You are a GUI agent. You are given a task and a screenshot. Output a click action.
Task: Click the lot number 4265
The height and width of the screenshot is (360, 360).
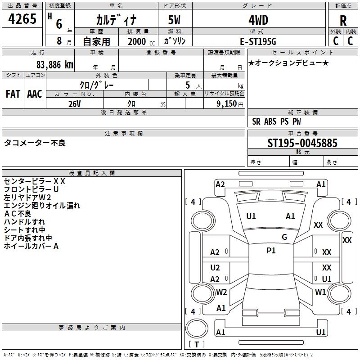pyautogui.click(x=22, y=20)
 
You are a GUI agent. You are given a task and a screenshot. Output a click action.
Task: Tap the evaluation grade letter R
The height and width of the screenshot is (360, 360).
pyautogui.click(x=343, y=20)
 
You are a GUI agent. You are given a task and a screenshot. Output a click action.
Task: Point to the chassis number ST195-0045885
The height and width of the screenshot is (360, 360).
pyautogui.click(x=302, y=143)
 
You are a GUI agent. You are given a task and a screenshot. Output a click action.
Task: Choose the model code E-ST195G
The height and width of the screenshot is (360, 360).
pyautogui.click(x=258, y=41)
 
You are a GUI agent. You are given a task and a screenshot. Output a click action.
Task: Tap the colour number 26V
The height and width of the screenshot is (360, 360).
pyautogui.click(x=74, y=103)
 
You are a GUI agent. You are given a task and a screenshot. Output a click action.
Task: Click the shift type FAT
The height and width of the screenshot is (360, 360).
pyautogui.click(x=13, y=94)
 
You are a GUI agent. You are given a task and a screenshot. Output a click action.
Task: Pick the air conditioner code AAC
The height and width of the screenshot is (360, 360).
pyautogui.click(x=35, y=94)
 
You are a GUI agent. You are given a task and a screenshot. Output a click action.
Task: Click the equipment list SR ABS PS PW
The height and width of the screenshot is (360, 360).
pyautogui.click(x=276, y=121)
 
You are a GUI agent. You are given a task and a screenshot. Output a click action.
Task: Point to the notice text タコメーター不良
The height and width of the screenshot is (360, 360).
pyautogui.click(x=35, y=143)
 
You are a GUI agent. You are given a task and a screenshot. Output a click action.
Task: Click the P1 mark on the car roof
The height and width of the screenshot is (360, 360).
pyautogui.click(x=271, y=251)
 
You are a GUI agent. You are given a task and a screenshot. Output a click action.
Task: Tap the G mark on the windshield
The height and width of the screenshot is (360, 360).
pyautogui.click(x=284, y=237)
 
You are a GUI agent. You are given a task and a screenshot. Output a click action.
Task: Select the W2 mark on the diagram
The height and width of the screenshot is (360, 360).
pyautogui.click(x=221, y=292)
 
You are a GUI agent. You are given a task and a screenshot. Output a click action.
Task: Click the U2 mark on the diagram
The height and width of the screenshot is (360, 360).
pyautogui.click(x=215, y=268)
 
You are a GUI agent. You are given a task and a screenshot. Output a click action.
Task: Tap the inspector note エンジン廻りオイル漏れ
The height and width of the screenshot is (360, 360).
pyautogui.click(x=42, y=206)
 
